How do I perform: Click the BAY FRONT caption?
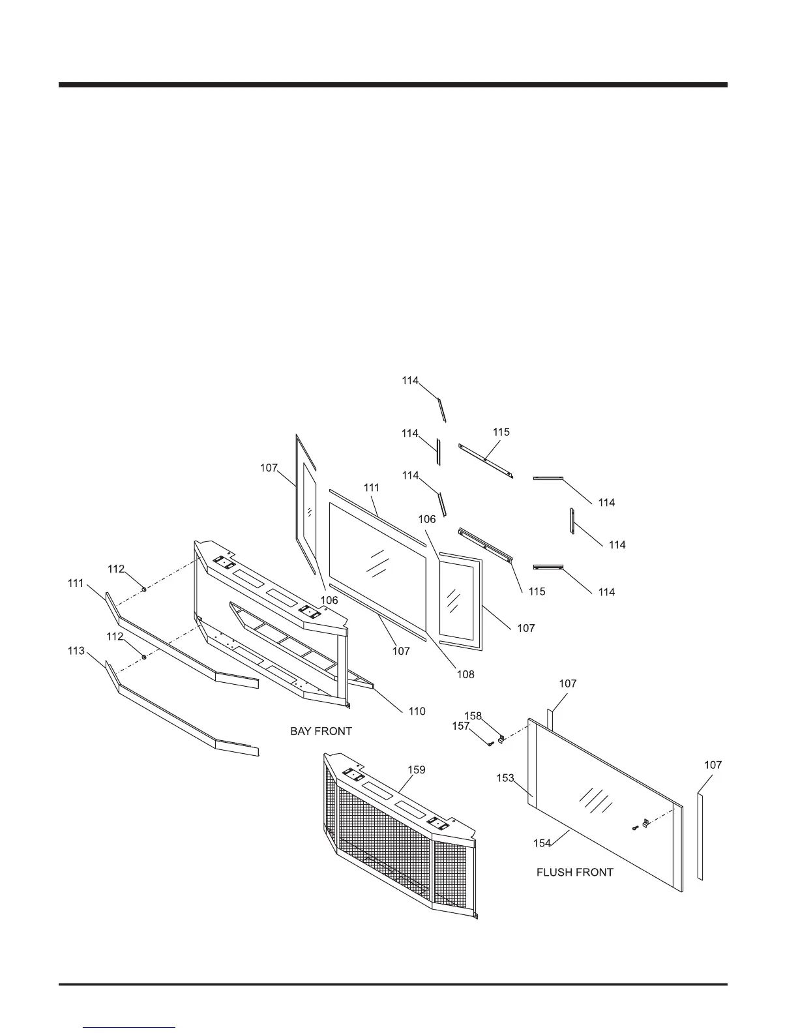click(321, 731)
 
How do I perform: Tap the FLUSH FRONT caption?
click(574, 872)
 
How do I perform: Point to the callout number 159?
click(417, 770)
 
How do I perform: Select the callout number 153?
click(505, 778)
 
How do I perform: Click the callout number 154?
click(542, 843)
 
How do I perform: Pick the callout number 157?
click(461, 726)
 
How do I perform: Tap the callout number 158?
click(473, 715)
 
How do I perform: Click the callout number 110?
click(417, 711)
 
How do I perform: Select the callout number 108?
click(465, 674)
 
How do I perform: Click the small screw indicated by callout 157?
click(488, 744)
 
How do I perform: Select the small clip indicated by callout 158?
click(502, 739)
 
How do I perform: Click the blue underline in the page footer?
click(130, 1027)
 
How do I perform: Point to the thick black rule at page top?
click(392, 85)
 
